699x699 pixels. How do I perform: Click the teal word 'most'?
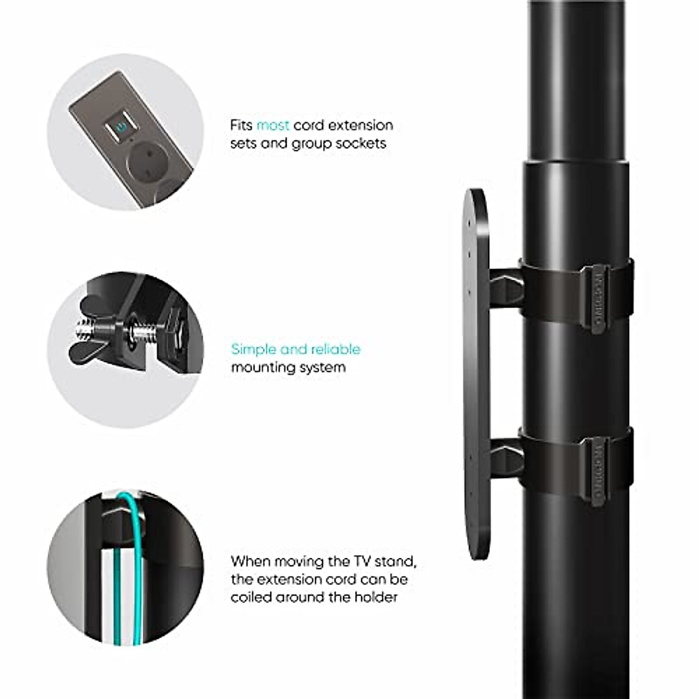click(273, 125)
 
